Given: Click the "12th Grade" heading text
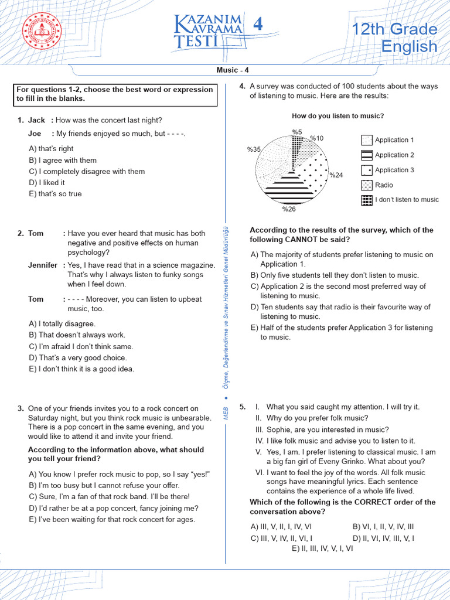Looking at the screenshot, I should pyautogui.click(x=394, y=29).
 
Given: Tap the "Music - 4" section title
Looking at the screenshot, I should pyautogui.click(x=233, y=70).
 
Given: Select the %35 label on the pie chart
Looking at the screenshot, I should pyautogui.click(x=254, y=149).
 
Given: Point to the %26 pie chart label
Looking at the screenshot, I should pyautogui.click(x=289, y=209).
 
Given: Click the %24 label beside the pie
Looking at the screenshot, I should pyautogui.click(x=336, y=175).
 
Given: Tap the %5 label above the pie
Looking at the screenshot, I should pyautogui.click(x=296, y=132).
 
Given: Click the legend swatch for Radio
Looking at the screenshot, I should pyautogui.click(x=367, y=185).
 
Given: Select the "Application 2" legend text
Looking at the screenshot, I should pyautogui.click(x=394, y=155).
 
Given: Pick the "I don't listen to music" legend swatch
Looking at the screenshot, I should pyautogui.click(x=367, y=200).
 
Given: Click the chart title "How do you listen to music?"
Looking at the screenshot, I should pyautogui.click(x=337, y=116).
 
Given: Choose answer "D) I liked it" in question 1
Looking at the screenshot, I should pyautogui.click(x=47, y=183).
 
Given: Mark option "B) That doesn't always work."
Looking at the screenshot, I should pyautogui.click(x=77, y=335).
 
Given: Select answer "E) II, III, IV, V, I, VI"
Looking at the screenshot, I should pyautogui.click(x=323, y=548).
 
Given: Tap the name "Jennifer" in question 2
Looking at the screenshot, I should pyautogui.click(x=43, y=265).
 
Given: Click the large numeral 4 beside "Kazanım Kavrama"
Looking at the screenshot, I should pyautogui.click(x=257, y=25).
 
